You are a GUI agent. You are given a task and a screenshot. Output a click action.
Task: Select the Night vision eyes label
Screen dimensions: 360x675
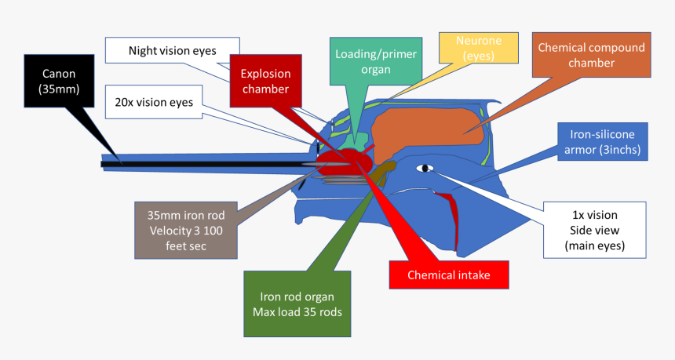[172, 51]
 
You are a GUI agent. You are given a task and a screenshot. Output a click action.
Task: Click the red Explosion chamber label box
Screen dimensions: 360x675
[265, 81]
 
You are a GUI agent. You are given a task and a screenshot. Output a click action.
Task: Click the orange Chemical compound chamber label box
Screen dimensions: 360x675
[591, 54]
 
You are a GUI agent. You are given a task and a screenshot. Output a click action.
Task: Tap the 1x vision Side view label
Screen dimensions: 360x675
[593, 230]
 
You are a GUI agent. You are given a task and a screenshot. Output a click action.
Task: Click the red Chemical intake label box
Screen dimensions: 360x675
[450, 275]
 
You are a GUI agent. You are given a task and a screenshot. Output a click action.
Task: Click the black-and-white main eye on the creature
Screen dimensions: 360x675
[425, 168]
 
